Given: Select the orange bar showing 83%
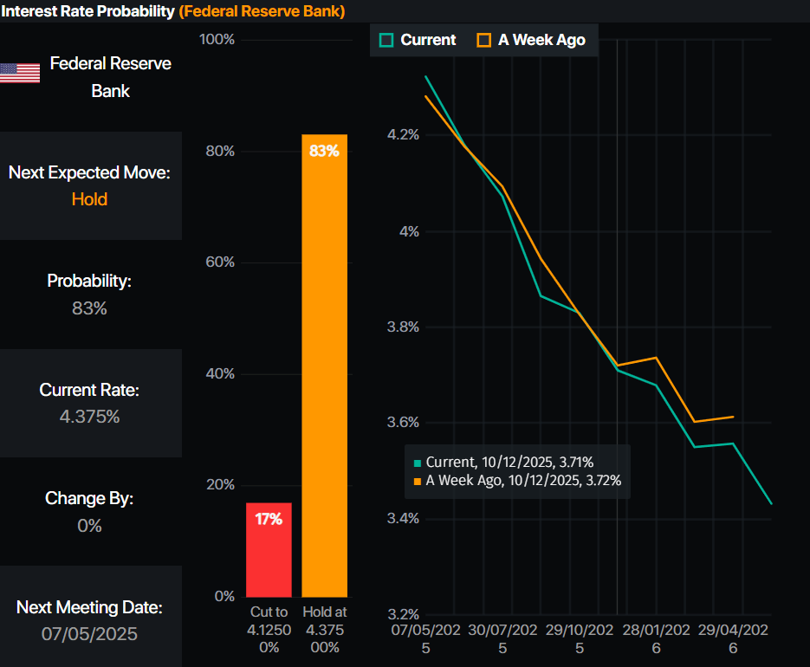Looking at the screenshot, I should (x=324, y=365).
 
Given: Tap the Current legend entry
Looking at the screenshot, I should (x=418, y=40).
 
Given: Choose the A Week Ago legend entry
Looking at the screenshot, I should (x=531, y=40).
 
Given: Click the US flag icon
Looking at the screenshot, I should (x=20, y=73).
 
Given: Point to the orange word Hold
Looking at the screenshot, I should (x=89, y=199).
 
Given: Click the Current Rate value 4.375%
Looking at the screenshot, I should (x=89, y=417).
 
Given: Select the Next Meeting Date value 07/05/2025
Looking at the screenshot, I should (x=89, y=634).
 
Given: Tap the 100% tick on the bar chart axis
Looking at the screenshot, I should (x=217, y=40).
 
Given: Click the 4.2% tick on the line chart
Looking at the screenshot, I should (x=402, y=135).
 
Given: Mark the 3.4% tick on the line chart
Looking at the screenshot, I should (x=402, y=519).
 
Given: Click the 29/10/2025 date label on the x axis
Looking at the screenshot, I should (x=580, y=638).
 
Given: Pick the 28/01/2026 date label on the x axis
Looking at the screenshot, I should (x=656, y=638).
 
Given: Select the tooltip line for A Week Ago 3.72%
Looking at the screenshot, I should (x=518, y=481).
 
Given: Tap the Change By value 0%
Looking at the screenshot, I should (x=89, y=526).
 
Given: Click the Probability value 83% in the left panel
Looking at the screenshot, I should (x=89, y=308).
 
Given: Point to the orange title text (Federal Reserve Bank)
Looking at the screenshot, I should (x=262, y=11).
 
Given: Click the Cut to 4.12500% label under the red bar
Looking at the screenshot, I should (x=269, y=630).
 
